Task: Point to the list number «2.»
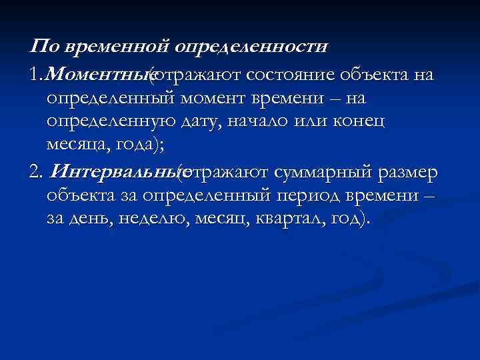[36, 172]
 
